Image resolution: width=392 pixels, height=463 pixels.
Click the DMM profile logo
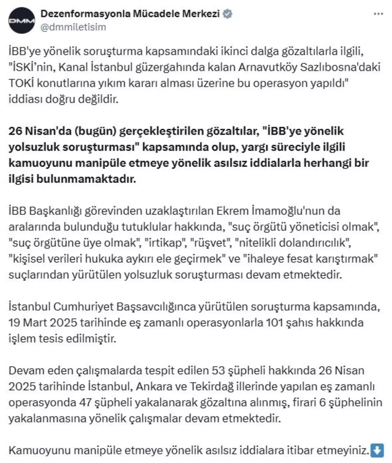[x=22, y=21]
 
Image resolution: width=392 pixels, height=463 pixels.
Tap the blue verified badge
[x=227, y=14]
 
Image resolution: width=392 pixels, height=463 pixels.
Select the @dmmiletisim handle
[x=73, y=27]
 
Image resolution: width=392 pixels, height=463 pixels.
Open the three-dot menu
[x=378, y=14]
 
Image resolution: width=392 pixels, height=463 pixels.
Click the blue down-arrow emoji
[x=377, y=451]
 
